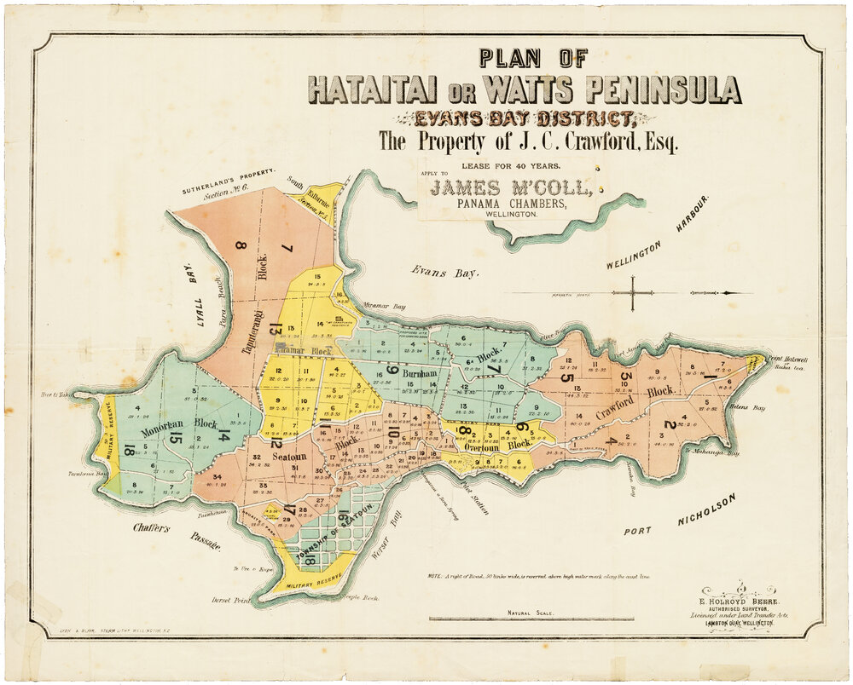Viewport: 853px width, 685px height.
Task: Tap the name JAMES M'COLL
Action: pyautogui.click(x=512, y=188)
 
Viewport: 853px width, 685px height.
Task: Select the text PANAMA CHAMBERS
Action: pyautogui.click(x=512, y=205)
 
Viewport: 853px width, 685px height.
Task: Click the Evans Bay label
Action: pyautogui.click(x=444, y=272)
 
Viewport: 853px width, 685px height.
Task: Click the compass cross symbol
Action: pyautogui.click(x=635, y=293)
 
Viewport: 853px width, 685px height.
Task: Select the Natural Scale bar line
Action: pyautogui.click(x=531, y=619)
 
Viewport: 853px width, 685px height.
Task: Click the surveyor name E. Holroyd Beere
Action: pyautogui.click(x=739, y=601)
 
